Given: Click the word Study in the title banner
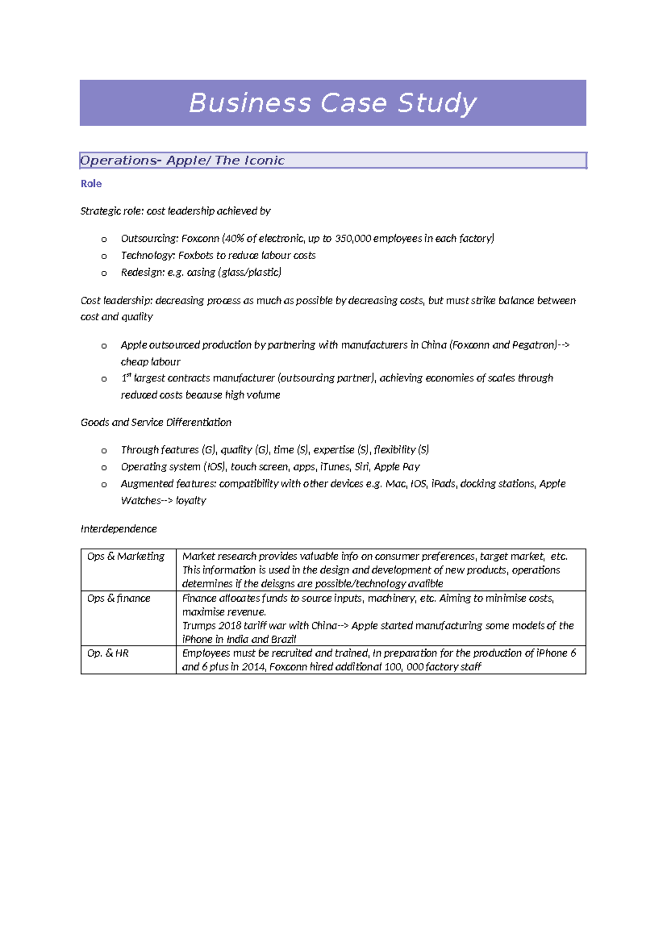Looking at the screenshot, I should pos(437,103).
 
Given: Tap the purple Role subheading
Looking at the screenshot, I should pos(91,183).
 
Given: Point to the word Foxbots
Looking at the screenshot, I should pos(196,255).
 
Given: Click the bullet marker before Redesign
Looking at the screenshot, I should pos(104,273).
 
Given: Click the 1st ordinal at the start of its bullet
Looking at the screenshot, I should pos(126,378).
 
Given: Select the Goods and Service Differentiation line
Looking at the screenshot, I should pos(156,423).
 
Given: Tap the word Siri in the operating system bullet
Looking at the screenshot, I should pos(362,466).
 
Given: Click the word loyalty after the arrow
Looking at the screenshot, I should pos(191,500).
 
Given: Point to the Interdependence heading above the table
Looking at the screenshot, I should pos(118,529).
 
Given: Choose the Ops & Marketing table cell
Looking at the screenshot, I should pos(126,556).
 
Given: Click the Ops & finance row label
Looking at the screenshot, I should pos(118,598).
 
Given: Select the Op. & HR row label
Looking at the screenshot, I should pos(108,653).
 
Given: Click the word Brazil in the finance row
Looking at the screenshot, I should pos(283,639).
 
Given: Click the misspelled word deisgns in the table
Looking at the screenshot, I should pos(278,584).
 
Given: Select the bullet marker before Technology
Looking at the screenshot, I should pos(104,256).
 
